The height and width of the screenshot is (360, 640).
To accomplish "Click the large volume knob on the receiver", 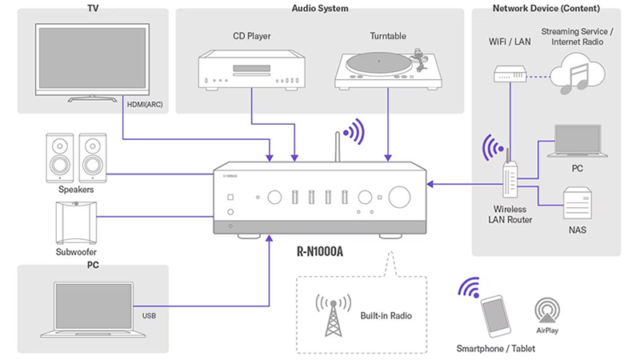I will click(x=400, y=196).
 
